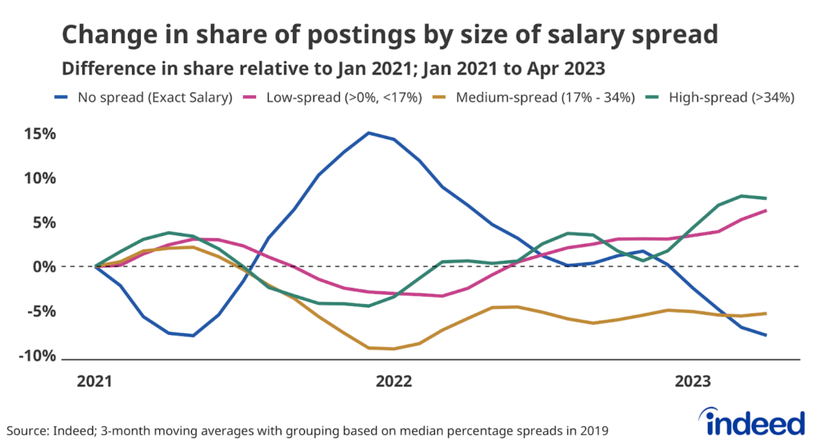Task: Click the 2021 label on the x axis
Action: [95, 381]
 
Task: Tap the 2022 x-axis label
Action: [394, 381]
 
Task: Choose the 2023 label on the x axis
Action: [692, 381]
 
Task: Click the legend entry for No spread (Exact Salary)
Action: [148, 98]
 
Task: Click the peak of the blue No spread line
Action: [368, 133]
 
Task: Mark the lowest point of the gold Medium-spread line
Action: [393, 349]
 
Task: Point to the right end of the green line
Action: [766, 198]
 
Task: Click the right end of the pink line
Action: [766, 210]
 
